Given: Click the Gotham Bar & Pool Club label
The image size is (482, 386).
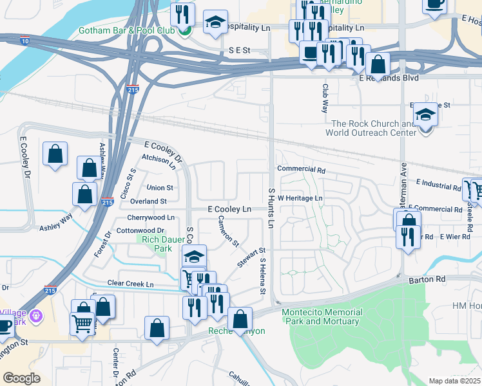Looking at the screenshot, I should tap(128, 31).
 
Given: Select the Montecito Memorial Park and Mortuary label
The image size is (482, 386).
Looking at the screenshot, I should tap(322, 317).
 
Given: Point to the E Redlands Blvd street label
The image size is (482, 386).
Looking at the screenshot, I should tap(389, 78).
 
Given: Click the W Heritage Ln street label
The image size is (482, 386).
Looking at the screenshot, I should tap(300, 198).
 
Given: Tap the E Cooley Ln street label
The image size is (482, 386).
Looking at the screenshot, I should tap(229, 209).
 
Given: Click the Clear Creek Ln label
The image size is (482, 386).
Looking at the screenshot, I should tap(131, 284).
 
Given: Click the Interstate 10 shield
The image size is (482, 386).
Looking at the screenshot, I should tap(24, 41).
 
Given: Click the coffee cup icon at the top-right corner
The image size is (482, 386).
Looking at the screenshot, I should tap(435, 3).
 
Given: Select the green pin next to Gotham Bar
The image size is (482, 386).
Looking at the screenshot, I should tap(184, 30).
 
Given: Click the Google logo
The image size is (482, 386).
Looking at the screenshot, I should tap(21, 378).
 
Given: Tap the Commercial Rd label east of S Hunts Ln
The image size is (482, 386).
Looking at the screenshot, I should tap(301, 169).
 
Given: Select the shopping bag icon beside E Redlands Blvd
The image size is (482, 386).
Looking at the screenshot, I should tap(378, 64).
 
